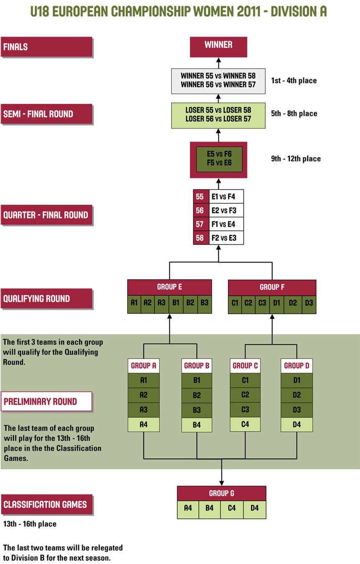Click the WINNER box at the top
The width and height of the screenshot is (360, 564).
(218, 46)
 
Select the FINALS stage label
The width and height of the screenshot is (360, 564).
(46, 47)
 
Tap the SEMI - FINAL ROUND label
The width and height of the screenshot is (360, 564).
(46, 114)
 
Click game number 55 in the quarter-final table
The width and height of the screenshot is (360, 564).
(200, 196)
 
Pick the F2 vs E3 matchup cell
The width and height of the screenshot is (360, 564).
(226, 238)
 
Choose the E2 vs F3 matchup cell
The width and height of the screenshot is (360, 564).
(226, 210)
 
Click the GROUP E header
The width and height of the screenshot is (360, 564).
(169, 287)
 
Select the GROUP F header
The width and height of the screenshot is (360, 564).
(272, 287)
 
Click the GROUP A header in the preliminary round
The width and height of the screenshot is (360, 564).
(144, 366)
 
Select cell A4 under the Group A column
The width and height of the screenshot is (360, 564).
(144, 424)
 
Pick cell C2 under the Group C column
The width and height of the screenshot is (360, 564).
(245, 395)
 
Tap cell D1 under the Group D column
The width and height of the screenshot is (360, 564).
(297, 381)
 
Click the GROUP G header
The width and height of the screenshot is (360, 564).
(221, 493)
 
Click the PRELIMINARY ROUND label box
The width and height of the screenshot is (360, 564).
(46, 402)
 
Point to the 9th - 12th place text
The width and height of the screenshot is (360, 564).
(296, 159)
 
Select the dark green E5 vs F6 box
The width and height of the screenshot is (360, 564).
(219, 159)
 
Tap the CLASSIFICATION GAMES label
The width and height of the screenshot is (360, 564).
(46, 505)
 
